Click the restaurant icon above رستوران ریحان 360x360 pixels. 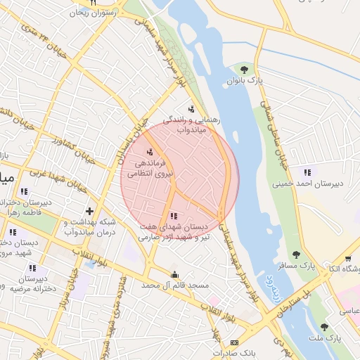click(92, 3)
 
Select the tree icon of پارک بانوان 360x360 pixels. click(244, 70)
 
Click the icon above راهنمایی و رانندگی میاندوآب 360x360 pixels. click(191, 109)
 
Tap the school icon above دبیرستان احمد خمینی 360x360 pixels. click(307, 172)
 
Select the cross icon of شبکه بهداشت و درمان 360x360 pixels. click(89, 211)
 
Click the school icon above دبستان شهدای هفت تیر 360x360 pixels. click(174, 216)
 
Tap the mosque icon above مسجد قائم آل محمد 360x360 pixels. click(174, 274)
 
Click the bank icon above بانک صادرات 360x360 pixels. click(234, 342)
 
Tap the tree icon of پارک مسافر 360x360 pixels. click(296, 255)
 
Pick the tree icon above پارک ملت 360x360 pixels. click(323, 327)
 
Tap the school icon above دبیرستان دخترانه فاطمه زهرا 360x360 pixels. click(25, 191)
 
